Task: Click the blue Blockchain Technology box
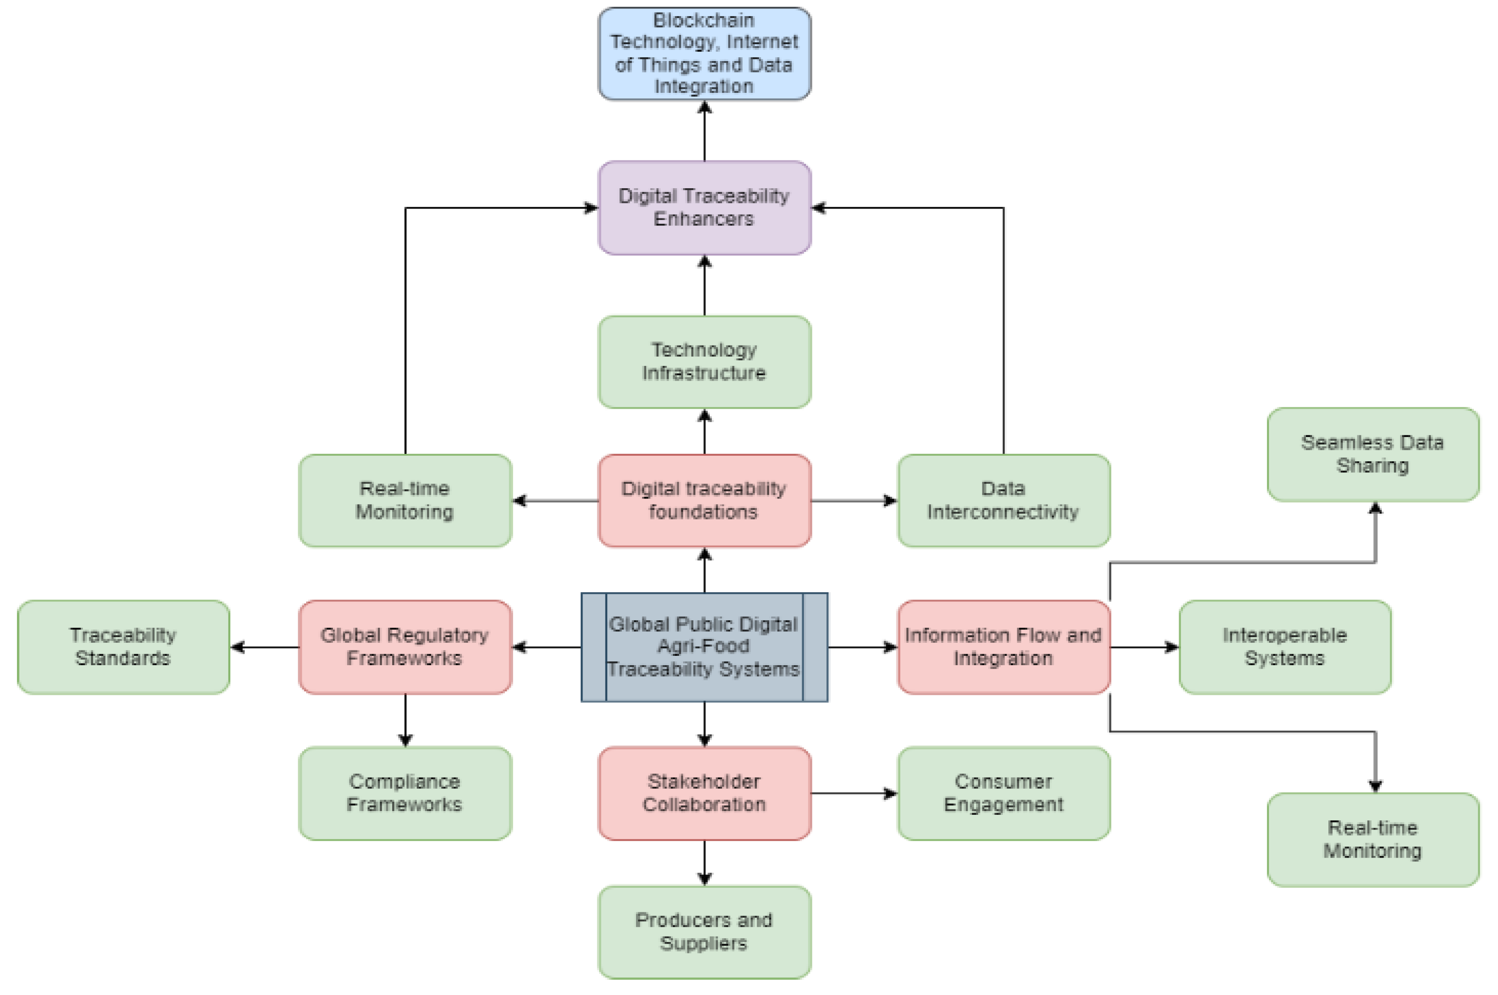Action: pyautogui.click(x=704, y=54)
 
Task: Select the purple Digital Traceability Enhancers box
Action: pyautogui.click(x=704, y=207)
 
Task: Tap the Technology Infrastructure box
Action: pyautogui.click(x=704, y=362)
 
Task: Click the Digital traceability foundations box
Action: pyautogui.click(x=704, y=501)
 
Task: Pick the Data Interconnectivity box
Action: pyautogui.click(x=1004, y=501)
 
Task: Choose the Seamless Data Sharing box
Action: pyautogui.click(x=1373, y=454)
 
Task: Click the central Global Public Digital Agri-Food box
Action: pyautogui.click(x=704, y=647)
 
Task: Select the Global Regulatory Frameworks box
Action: pyautogui.click(x=405, y=647)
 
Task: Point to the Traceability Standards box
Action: pyautogui.click(x=123, y=647)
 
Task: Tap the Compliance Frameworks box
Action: pyautogui.click(x=405, y=793)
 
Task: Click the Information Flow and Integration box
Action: pyautogui.click(x=1004, y=647)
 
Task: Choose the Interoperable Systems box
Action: pyautogui.click(x=1285, y=647)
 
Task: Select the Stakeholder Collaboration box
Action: pyautogui.click(x=704, y=793)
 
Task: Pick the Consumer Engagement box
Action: pyautogui.click(x=1004, y=793)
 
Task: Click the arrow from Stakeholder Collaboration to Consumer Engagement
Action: pyautogui.click(x=854, y=793)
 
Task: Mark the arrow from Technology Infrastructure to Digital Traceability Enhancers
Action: pyautogui.click(x=704, y=286)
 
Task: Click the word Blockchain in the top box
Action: pyautogui.click(x=704, y=20)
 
